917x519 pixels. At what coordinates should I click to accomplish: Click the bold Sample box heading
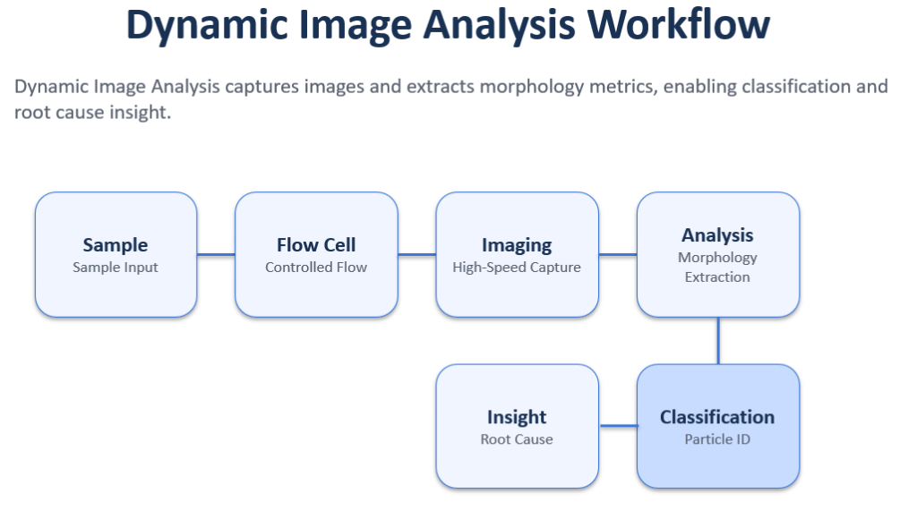(116, 244)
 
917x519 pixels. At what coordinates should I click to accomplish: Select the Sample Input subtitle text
(116, 267)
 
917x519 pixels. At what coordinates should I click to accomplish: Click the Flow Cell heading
(316, 244)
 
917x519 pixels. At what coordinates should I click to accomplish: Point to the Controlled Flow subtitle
(316, 267)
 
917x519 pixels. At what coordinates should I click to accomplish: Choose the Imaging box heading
(517, 244)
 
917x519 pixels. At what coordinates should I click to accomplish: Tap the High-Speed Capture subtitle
(517, 267)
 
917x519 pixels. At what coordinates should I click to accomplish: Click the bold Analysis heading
(717, 234)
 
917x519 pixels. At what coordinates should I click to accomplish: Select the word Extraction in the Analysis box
(717, 277)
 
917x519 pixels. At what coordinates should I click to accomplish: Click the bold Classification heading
(717, 417)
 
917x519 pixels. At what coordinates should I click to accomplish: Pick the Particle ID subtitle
(717, 439)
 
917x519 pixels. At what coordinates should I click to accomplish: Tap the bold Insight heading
(517, 417)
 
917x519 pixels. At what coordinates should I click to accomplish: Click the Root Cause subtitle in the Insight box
(517, 439)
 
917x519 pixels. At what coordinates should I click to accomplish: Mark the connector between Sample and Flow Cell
(216, 255)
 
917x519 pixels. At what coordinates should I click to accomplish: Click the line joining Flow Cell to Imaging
(416, 255)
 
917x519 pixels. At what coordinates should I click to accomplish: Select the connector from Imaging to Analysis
(617, 255)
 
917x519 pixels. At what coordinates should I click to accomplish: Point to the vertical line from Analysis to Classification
(718, 340)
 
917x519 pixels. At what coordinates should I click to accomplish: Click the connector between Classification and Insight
(617, 426)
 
